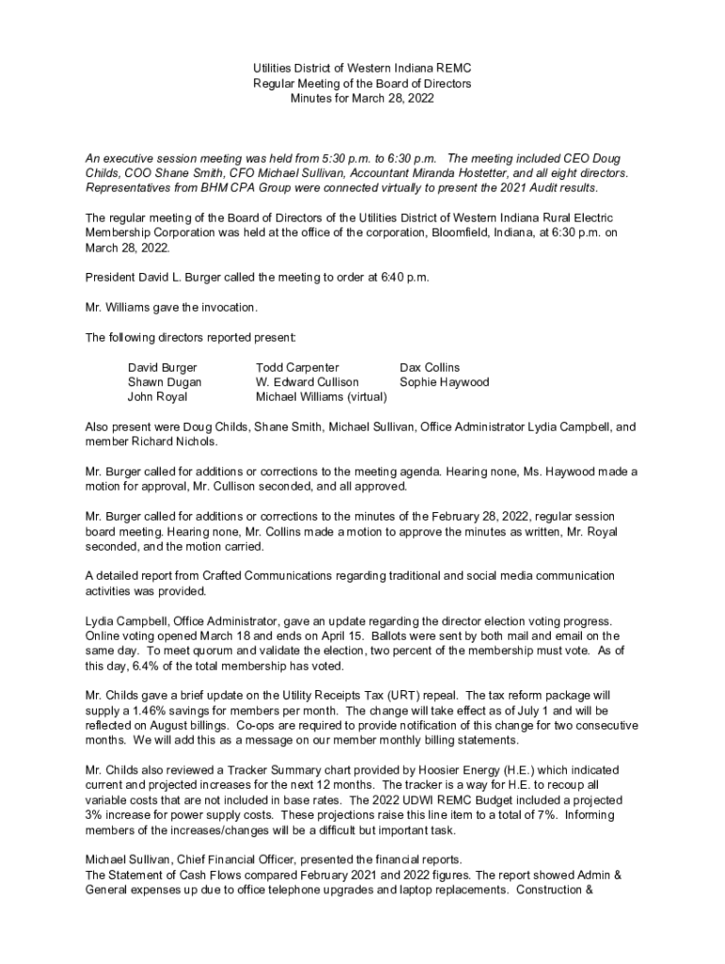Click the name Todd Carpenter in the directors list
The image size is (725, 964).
[x=298, y=367]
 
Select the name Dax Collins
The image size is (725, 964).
[x=430, y=367]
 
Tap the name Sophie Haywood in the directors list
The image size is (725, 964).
[x=444, y=382]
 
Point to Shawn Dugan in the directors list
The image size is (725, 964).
[x=165, y=382]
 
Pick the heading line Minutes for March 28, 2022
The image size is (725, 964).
[x=362, y=99]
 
